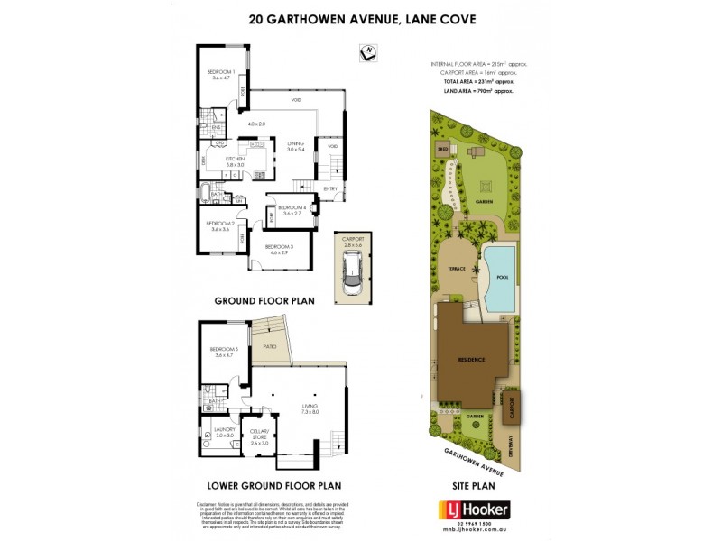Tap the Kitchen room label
236,160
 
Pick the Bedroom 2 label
220,225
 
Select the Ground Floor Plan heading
264,301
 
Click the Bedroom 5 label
222,351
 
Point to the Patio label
269,344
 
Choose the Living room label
310,408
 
